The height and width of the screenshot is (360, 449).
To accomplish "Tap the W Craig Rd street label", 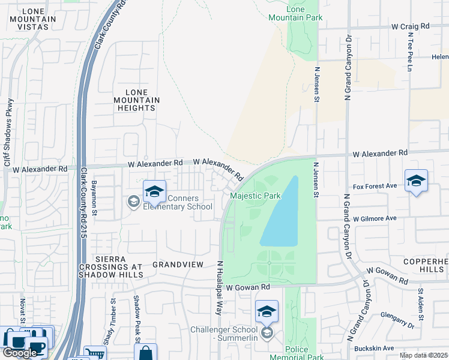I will tap(411, 26).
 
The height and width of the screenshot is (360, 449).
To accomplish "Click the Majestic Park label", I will tap(256, 196).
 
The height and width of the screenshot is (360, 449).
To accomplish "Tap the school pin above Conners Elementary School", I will tap(154, 191).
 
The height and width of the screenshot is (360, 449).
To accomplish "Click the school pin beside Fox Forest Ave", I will tap(416, 181).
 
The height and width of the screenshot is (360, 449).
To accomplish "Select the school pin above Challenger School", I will tap(267, 311).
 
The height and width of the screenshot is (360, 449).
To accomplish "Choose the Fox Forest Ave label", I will tap(375, 186).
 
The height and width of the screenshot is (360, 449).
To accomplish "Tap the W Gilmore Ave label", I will tap(375, 218).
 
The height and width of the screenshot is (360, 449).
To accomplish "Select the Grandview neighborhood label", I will tap(179, 264).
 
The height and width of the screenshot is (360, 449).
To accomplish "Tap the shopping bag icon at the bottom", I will tap(146, 353).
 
